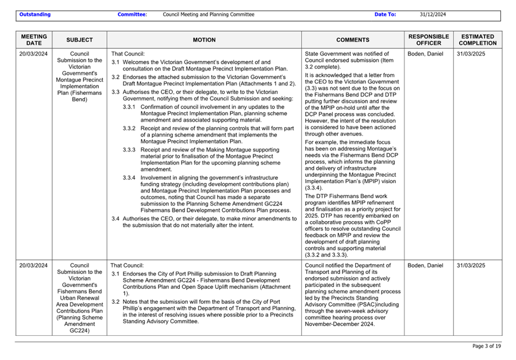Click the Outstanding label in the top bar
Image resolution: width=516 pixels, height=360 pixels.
click(34, 14)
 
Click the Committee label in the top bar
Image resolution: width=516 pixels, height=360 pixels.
click(132, 14)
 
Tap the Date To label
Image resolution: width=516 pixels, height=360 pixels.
click(385, 14)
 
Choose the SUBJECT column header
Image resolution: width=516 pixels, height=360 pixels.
click(79, 40)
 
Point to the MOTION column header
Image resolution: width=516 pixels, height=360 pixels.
click(204, 40)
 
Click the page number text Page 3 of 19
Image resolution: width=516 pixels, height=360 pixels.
click(487, 346)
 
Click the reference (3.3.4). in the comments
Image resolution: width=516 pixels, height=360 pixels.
click(314, 188)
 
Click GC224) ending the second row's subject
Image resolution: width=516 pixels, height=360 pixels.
click(79, 330)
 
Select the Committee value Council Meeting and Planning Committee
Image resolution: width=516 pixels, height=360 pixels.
click(209, 14)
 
